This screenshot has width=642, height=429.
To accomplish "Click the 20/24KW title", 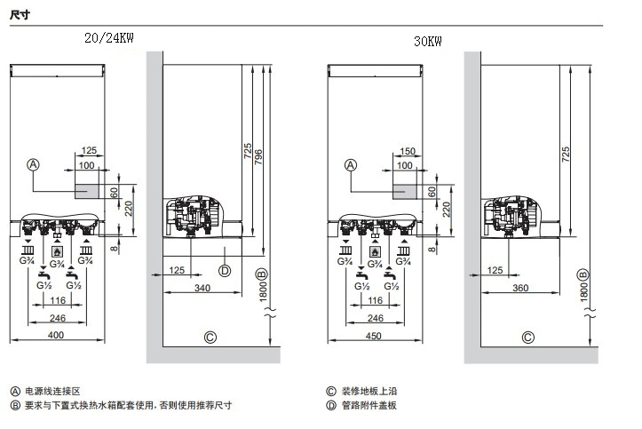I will [x=113, y=38].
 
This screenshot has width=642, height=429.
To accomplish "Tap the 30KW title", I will [x=427, y=42].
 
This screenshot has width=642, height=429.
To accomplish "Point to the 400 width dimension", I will [x=56, y=335].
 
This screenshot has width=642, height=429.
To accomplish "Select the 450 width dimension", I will [x=374, y=335].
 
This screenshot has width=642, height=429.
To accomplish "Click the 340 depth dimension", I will [x=202, y=288].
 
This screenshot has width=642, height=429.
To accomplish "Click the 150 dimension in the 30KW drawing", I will [x=407, y=152].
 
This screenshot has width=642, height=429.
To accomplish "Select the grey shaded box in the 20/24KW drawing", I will [x=87, y=191].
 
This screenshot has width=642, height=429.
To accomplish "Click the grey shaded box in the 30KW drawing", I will [x=405, y=191].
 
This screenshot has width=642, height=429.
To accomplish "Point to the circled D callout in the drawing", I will [x=225, y=271].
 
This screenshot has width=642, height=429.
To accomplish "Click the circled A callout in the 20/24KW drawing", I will [x=34, y=165].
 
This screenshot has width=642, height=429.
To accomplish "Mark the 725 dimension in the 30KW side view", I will [x=566, y=151].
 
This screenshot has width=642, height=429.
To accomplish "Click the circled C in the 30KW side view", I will [x=528, y=337].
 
